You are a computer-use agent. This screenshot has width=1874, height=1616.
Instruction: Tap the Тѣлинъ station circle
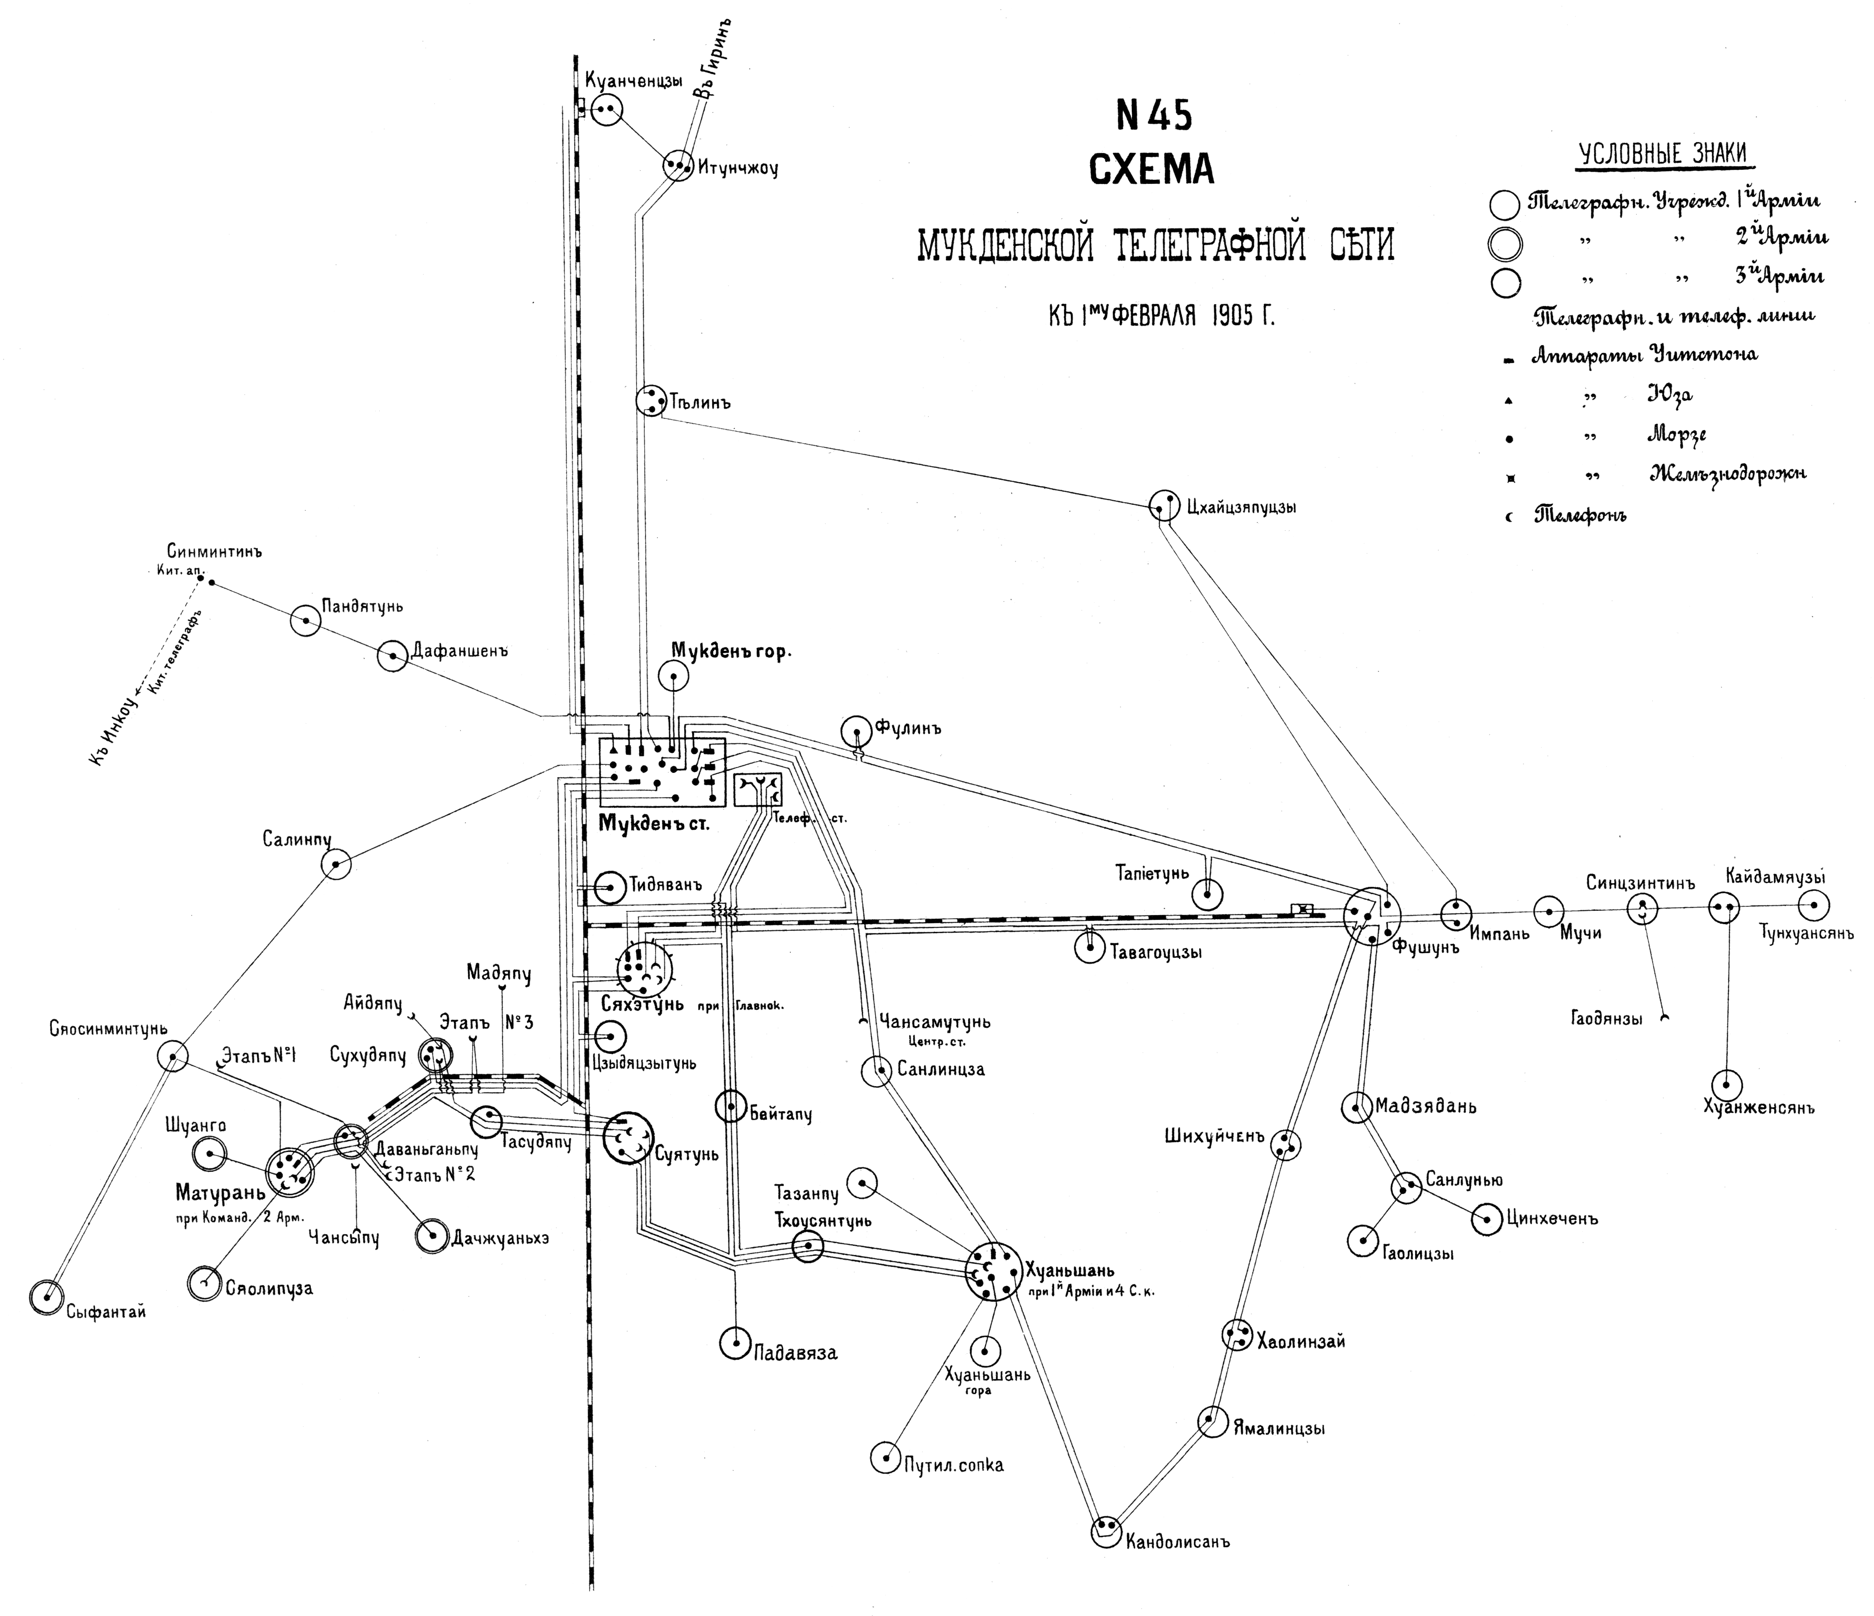click(650, 401)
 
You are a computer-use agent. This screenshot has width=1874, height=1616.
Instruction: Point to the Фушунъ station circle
click(1371, 916)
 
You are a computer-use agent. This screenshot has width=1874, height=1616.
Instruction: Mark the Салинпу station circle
click(336, 864)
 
